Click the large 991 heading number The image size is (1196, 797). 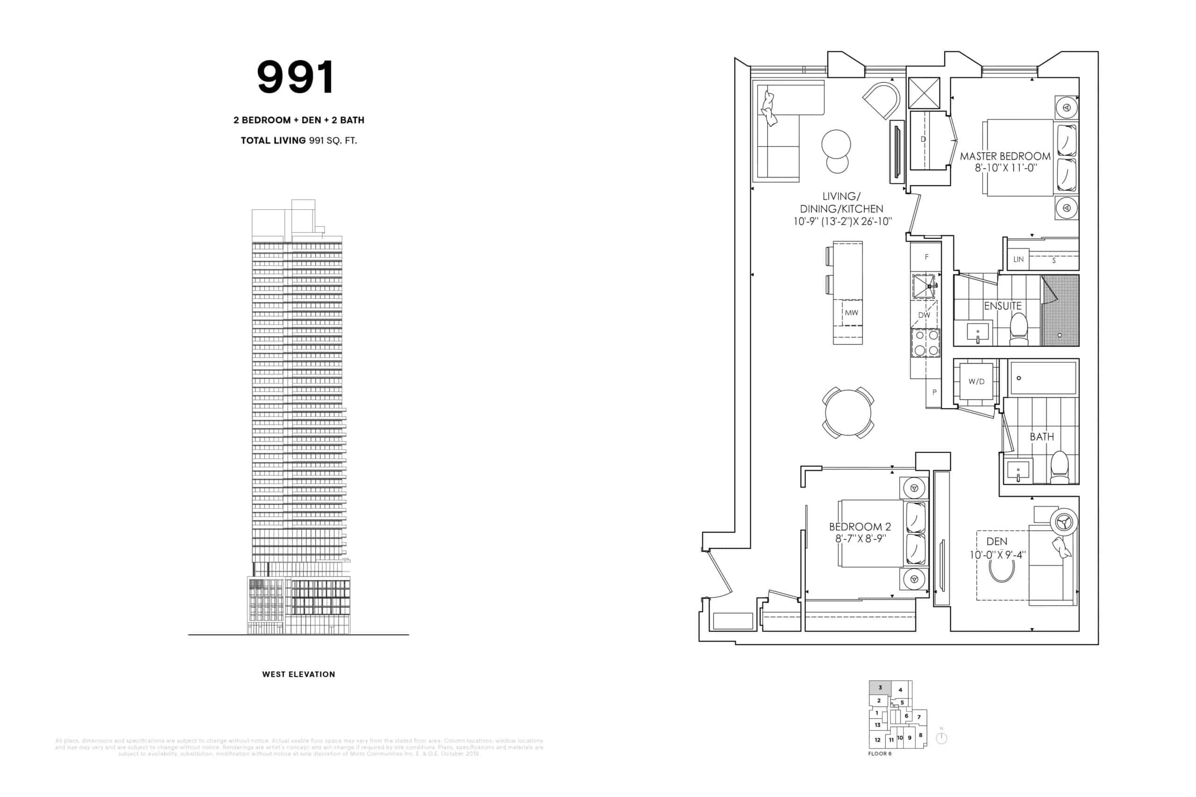click(x=295, y=77)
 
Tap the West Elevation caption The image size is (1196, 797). click(x=299, y=675)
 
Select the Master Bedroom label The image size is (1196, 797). click(x=1005, y=156)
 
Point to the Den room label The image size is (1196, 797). click(x=996, y=542)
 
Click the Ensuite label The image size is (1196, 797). click(x=1002, y=306)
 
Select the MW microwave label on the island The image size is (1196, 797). click(x=851, y=313)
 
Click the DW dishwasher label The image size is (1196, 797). click(x=924, y=315)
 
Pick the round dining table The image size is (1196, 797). click(x=847, y=412)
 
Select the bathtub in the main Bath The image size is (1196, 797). click(x=1043, y=378)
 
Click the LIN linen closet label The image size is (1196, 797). click(x=1018, y=260)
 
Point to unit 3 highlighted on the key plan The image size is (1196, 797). click(x=880, y=688)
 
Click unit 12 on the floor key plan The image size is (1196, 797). click(x=877, y=740)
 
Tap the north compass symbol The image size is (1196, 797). click(x=941, y=738)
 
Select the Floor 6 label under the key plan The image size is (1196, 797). click(x=880, y=754)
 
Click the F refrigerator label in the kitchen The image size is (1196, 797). click(x=926, y=257)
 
